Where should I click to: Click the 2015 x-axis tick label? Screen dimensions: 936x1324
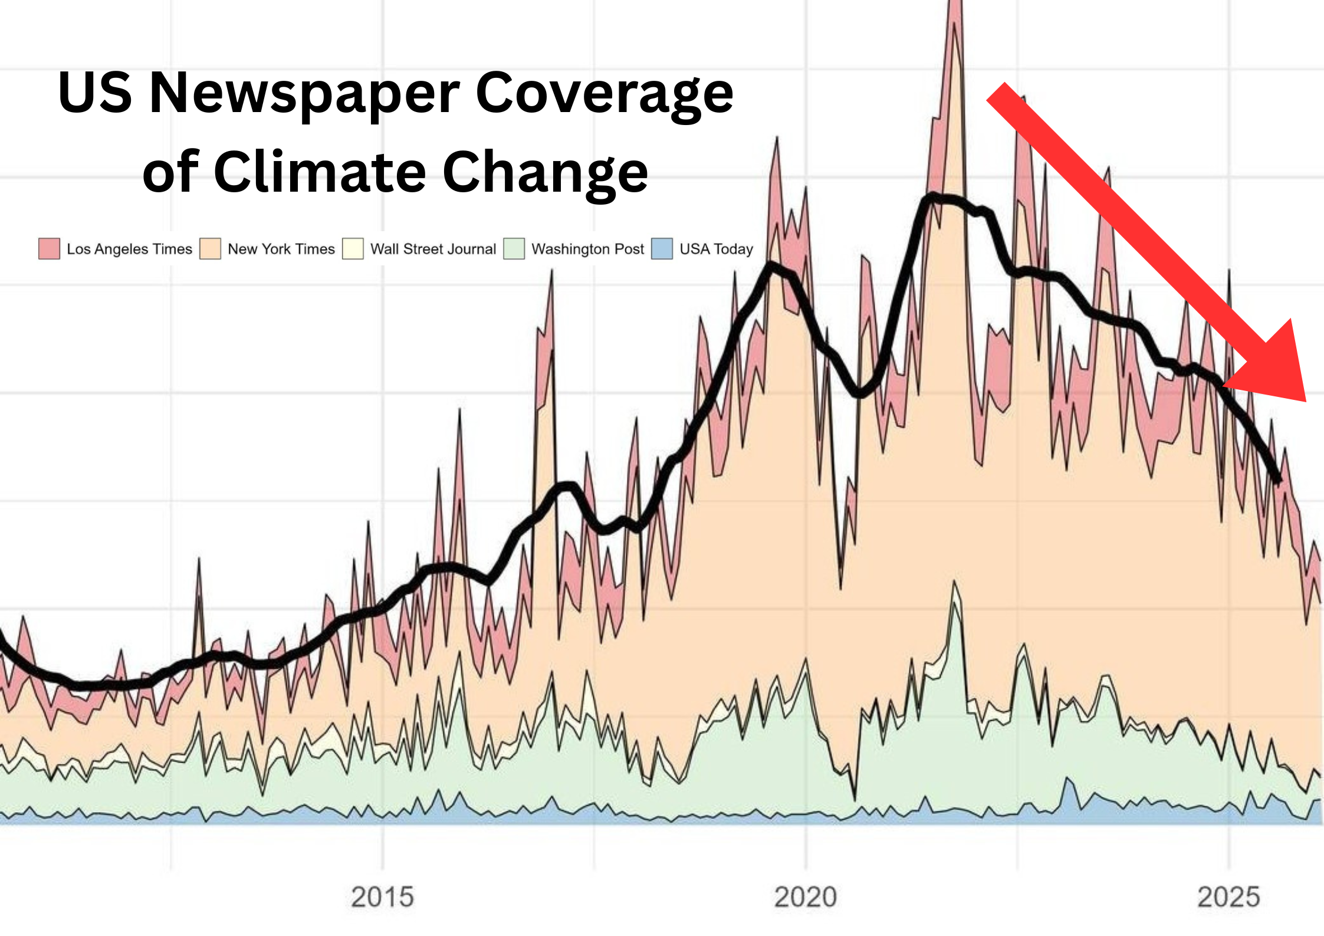point(382,897)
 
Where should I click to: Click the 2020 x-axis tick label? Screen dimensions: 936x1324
point(805,897)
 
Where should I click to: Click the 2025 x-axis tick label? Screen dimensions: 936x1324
point(1228,897)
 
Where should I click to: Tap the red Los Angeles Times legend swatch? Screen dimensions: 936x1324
point(49,249)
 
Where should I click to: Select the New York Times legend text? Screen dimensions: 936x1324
point(281,249)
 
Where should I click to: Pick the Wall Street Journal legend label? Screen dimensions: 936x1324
point(433,249)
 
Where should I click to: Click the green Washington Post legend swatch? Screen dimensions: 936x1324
point(514,249)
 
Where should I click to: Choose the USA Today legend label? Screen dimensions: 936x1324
point(716,249)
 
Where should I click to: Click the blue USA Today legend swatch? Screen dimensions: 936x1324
point(662,249)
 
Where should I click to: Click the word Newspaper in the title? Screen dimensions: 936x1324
point(304,93)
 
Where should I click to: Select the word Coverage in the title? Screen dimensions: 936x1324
point(604,93)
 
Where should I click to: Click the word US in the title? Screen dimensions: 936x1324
point(94,93)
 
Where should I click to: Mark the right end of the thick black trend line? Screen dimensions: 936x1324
point(1277,481)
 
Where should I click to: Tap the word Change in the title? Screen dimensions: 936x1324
point(546,172)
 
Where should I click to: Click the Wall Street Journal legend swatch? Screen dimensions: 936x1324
point(353,249)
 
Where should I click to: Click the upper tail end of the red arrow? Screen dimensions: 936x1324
point(997,92)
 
